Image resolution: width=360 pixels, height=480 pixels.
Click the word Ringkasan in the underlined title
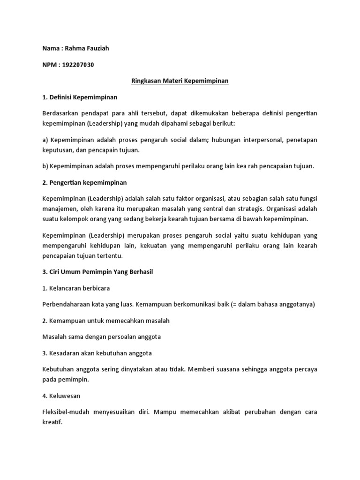146,81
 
